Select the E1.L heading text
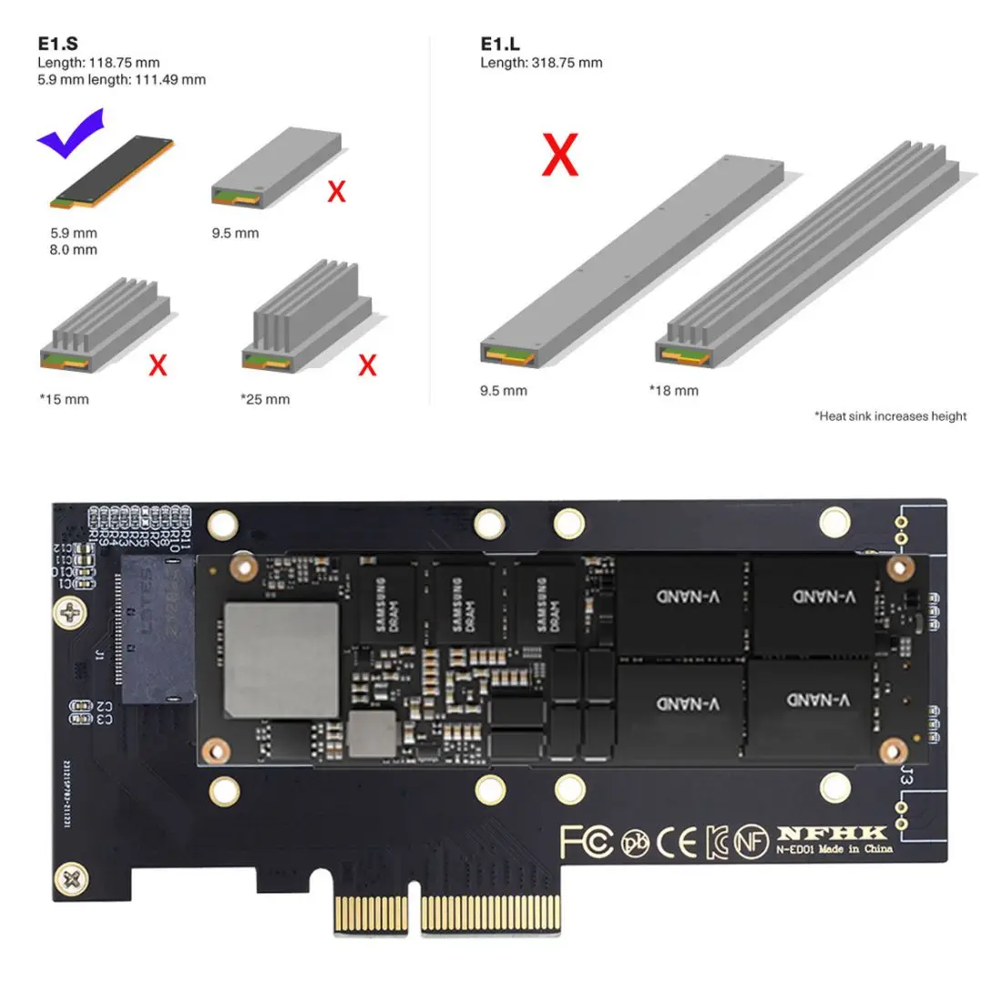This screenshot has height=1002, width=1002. tap(500, 44)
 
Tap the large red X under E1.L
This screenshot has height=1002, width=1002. tap(559, 155)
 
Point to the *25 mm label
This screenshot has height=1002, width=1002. tap(265, 399)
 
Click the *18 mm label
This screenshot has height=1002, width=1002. tap(673, 391)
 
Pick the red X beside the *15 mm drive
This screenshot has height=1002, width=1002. tap(158, 365)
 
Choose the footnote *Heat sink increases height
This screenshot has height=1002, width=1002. tap(890, 416)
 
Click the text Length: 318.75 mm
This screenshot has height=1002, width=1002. tap(541, 63)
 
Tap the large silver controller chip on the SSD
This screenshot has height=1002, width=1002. tap(281, 659)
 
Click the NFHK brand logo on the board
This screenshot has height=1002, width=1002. tap(832, 833)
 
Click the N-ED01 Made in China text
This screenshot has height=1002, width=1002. tap(833, 850)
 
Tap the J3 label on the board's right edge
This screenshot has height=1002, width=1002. tap(905, 777)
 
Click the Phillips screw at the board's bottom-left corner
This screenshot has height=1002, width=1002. tap(71, 880)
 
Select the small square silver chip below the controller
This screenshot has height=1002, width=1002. tap(373, 734)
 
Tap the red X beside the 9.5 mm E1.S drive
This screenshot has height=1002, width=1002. tap(336, 191)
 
